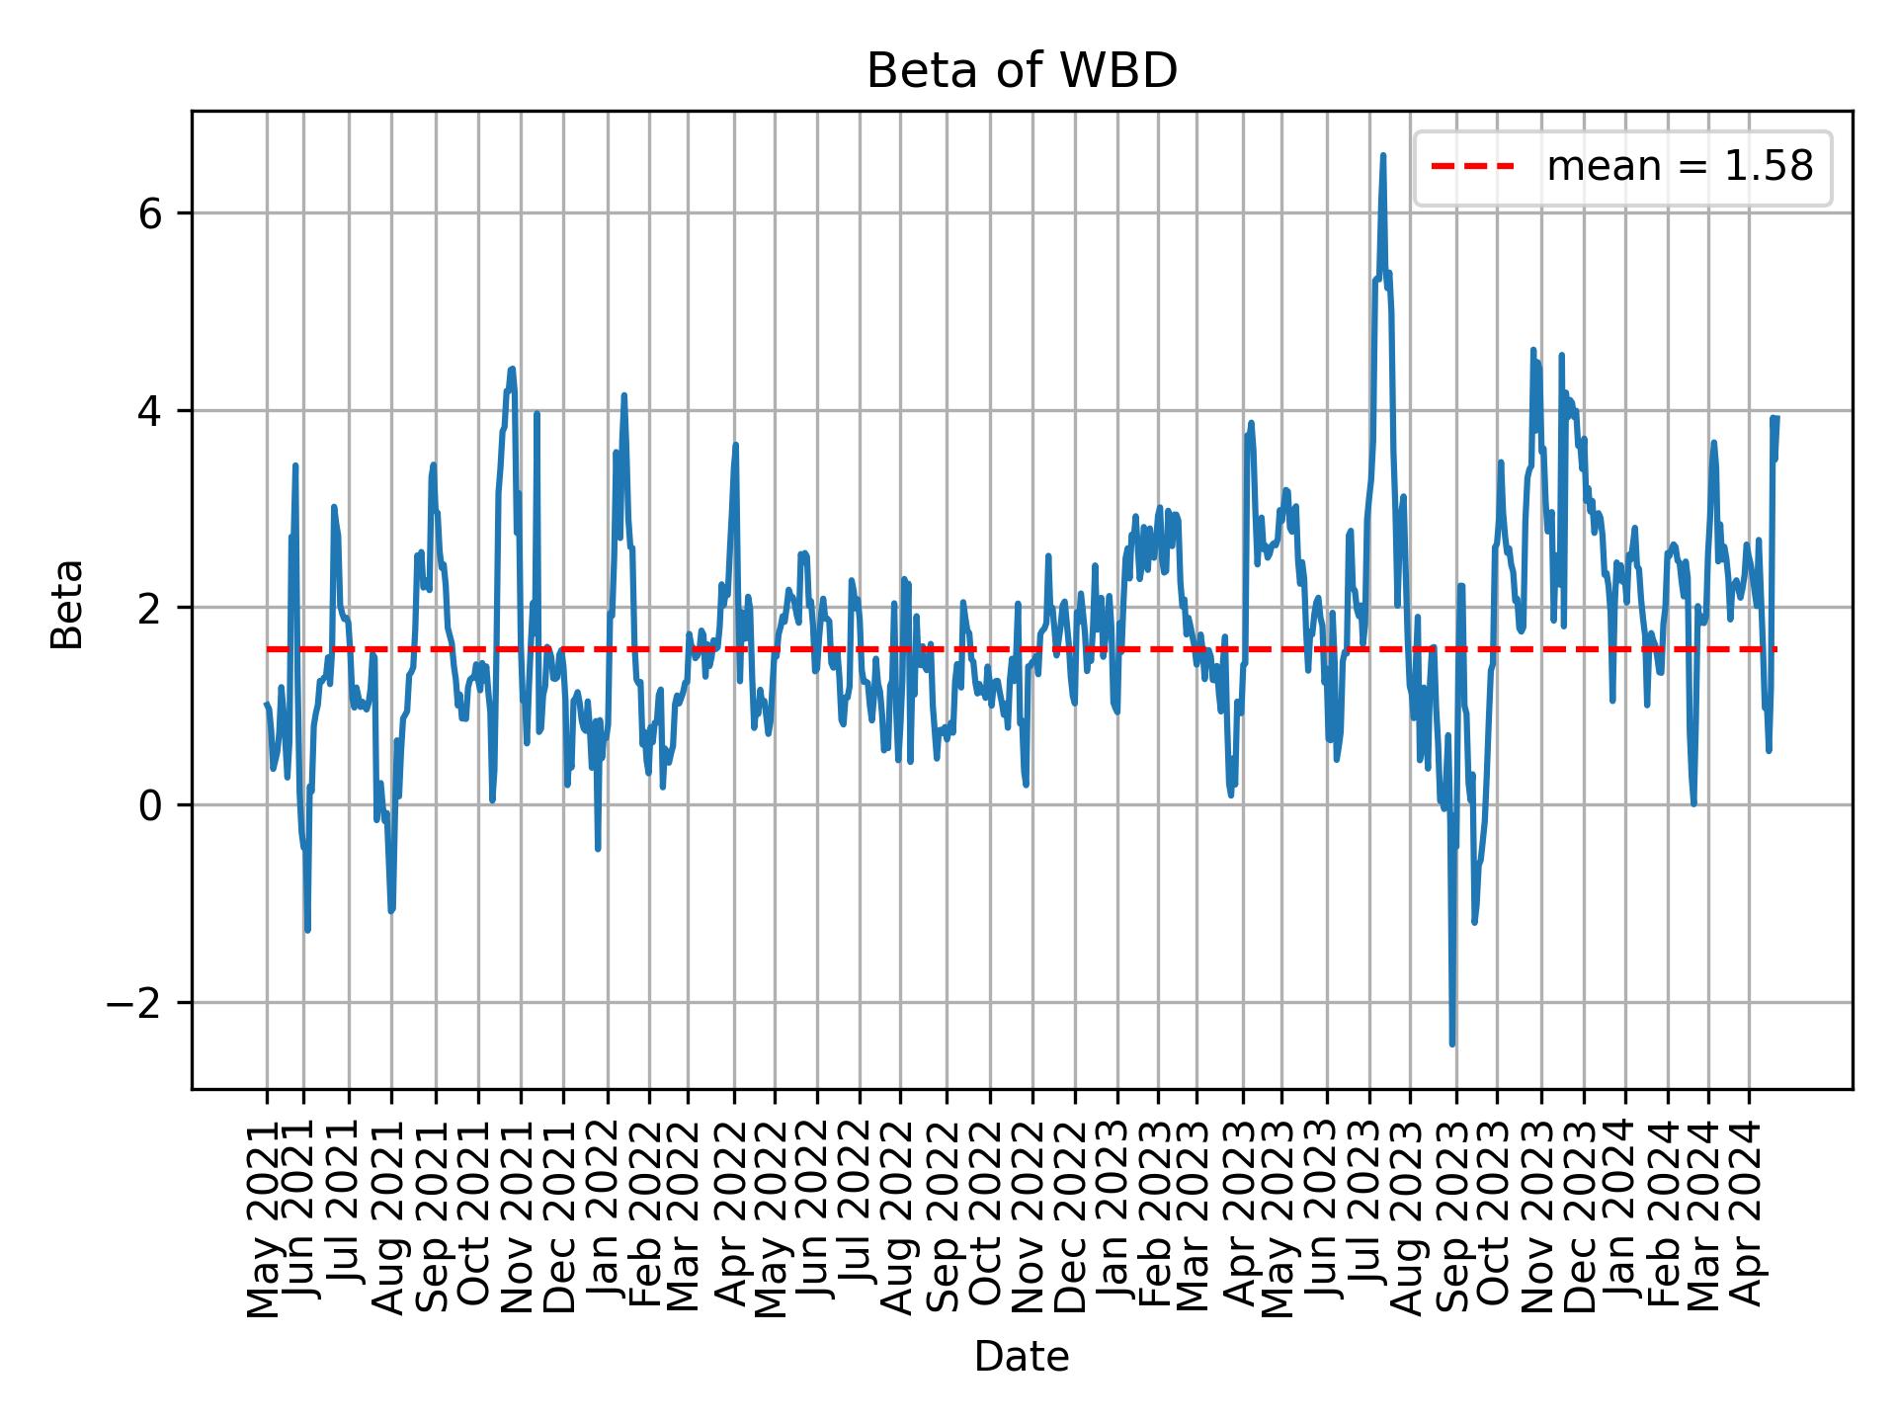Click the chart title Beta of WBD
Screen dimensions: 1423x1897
pos(1022,71)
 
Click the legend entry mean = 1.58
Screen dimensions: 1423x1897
pos(1679,167)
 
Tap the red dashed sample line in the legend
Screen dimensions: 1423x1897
pos(1472,167)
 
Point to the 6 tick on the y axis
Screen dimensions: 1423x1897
pos(149,213)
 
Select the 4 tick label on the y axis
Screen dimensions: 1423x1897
pos(149,410)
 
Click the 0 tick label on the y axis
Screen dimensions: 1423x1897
pos(149,805)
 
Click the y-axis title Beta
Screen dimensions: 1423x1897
pos(67,604)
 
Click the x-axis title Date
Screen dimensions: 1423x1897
pos(1022,1357)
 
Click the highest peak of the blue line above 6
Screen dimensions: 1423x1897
pos(1383,155)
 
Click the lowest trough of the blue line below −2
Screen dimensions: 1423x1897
pos(1452,1044)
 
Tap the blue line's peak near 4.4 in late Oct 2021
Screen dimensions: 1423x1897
pos(512,369)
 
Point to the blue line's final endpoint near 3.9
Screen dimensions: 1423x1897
pos(1776,418)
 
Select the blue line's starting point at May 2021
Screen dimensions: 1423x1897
pos(267,705)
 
